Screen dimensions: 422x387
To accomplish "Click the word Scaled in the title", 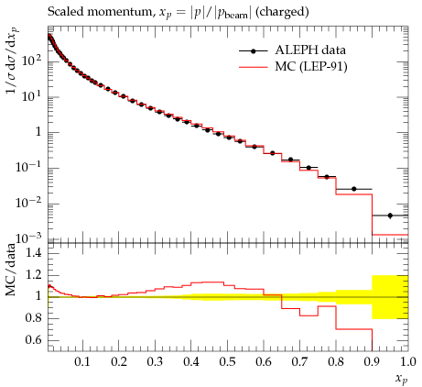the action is [65, 12].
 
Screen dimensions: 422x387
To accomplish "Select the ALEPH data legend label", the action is [310, 50].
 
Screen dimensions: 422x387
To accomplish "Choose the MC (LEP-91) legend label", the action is [311, 66].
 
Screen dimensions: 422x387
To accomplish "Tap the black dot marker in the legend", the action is [253, 51].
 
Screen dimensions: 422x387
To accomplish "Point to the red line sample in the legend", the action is [254, 67].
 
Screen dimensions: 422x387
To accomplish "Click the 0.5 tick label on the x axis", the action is [227, 362].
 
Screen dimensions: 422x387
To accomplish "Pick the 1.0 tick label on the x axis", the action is [407, 362].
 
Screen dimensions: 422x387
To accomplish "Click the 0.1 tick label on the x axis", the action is [82, 362].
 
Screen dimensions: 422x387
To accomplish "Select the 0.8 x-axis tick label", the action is [335, 362].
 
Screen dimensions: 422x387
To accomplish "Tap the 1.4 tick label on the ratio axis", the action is [34, 253].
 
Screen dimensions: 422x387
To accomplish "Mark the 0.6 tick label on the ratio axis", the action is [34, 339].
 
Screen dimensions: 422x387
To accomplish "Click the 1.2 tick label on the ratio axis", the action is [34, 274].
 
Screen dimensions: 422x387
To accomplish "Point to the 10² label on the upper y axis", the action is [31, 61].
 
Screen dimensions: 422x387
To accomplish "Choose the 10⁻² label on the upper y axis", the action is [28, 203].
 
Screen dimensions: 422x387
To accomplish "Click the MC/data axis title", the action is [11, 270].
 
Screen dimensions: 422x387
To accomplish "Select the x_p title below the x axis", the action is [402, 379].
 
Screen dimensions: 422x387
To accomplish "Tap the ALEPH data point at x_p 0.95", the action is [390, 216].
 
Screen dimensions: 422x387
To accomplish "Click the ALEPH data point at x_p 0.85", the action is [354, 189].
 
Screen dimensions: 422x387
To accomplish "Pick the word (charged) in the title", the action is [282, 12].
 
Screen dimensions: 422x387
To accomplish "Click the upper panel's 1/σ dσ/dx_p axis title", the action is [12, 60].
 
